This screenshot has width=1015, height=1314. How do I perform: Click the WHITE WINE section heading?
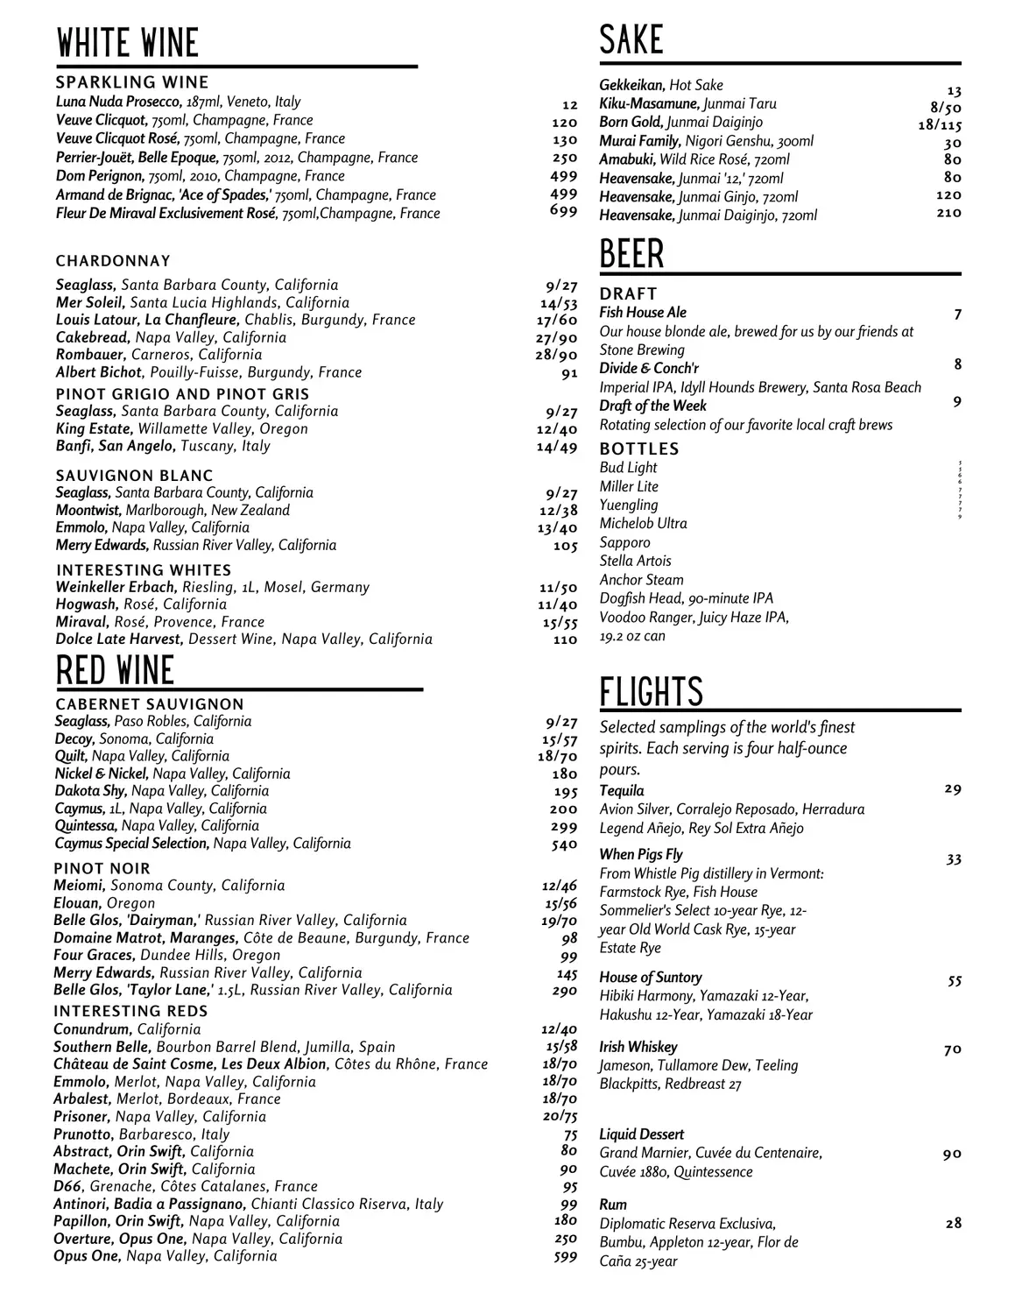tap(127, 43)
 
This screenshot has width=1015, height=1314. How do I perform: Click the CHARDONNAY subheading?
tap(113, 261)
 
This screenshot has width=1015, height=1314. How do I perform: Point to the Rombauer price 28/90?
tap(557, 355)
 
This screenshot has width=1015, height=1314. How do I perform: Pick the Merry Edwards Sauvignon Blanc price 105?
tap(566, 546)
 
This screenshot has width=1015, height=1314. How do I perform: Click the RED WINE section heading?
tap(115, 671)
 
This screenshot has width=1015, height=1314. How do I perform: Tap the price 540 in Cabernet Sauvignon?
tap(564, 844)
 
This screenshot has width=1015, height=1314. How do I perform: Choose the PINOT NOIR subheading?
tap(102, 868)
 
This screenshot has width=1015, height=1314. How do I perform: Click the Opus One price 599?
tap(566, 1256)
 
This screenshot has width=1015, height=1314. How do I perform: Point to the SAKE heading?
tap(631, 40)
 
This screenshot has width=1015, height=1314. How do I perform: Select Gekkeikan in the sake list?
tap(631, 85)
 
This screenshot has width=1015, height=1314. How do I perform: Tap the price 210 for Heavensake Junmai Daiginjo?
tap(948, 213)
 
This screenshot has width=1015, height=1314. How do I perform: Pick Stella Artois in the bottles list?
tap(635, 561)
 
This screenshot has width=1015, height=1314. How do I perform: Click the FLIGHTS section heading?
tap(651, 692)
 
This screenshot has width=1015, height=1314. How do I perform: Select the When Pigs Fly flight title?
tap(640, 854)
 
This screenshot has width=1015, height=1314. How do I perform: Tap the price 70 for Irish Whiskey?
tap(953, 1049)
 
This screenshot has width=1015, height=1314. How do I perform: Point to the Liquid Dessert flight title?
tap(641, 1134)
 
